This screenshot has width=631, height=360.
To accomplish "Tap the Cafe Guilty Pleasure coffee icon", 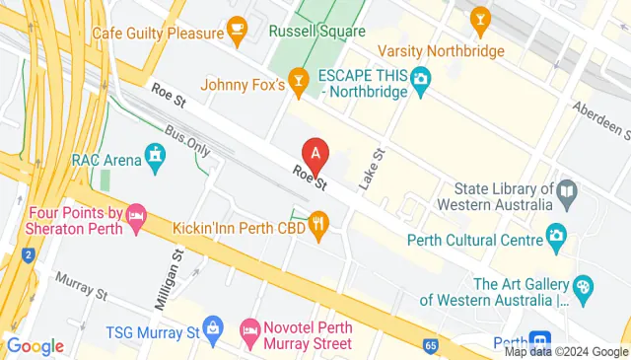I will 236,32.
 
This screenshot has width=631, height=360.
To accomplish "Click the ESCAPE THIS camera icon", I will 421,76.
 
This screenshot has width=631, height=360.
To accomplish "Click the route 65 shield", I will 431,346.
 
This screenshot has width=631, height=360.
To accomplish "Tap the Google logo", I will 35,346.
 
